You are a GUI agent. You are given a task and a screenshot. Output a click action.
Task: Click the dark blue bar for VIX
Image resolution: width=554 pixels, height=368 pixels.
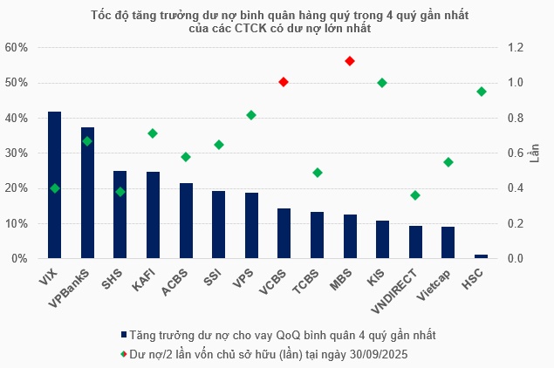[54, 185]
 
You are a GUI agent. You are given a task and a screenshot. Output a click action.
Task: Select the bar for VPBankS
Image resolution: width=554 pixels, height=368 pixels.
[87, 193]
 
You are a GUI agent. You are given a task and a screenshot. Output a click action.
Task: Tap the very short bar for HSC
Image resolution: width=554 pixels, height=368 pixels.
[481, 256]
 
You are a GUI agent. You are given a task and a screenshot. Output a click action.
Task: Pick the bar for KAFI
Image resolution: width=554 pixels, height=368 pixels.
[153, 215]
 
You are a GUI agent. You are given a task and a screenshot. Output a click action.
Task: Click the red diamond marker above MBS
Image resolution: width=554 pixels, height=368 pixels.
[350, 61]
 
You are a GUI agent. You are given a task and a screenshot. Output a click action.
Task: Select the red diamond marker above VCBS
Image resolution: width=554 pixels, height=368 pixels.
[284, 82]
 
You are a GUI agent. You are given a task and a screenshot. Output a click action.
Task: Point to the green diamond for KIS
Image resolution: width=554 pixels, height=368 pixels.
[382, 83]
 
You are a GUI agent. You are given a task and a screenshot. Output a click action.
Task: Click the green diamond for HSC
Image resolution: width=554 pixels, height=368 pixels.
[481, 92]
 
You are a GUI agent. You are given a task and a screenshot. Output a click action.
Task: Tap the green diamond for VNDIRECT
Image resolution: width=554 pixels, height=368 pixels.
[415, 195]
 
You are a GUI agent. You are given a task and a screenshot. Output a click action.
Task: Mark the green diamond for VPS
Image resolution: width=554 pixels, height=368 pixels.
[251, 115]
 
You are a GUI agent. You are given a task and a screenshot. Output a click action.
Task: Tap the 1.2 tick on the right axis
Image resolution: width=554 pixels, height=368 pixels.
[516, 47]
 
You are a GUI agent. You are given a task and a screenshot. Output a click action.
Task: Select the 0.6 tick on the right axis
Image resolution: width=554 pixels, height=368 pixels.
[516, 153]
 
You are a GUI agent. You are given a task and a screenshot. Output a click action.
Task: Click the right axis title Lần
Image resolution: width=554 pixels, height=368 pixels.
[536, 153]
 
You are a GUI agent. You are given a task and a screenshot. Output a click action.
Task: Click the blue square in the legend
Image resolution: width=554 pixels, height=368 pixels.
[124, 335]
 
